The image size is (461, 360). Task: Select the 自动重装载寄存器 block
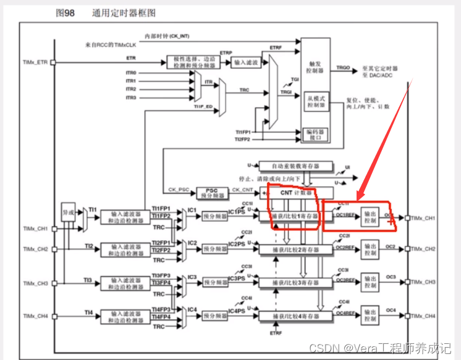[295, 166]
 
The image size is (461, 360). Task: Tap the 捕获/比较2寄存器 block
[295, 249]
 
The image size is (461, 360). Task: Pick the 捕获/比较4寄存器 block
[295, 316]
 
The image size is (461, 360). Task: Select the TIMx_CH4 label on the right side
[423, 316]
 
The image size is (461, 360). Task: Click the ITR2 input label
[130, 89]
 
